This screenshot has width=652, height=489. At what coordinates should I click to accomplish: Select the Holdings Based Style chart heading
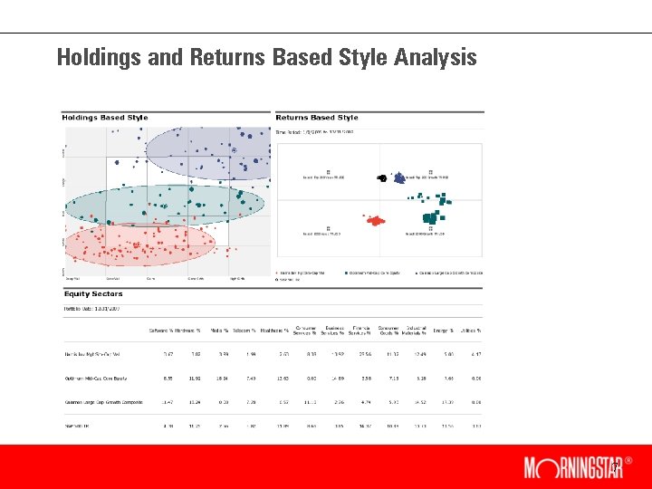[104, 118]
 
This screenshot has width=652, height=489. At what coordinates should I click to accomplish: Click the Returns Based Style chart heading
[317, 118]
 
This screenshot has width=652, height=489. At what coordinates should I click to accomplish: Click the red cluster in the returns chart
[375, 220]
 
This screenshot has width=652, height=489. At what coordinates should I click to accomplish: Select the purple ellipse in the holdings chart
[209, 153]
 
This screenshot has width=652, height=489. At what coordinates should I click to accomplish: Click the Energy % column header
[445, 331]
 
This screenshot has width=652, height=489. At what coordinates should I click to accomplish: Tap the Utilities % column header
[471, 331]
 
